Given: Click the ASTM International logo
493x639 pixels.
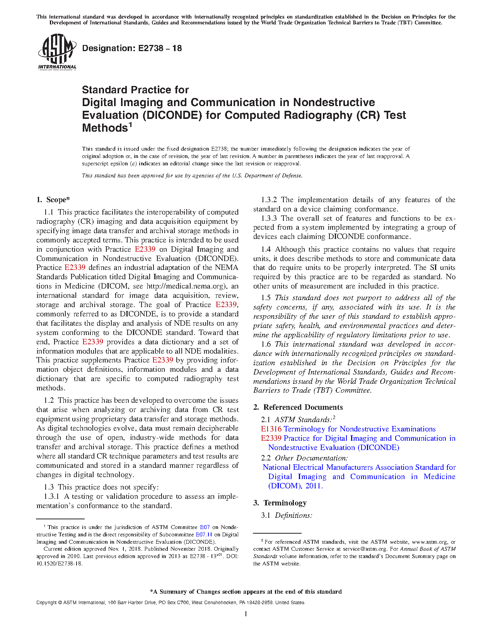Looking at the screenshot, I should click(x=57, y=52).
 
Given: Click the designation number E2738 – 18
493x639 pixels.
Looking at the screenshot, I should click(x=132, y=48).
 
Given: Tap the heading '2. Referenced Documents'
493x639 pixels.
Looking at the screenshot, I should click(x=298, y=407).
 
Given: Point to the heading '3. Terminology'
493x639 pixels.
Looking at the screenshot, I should click(x=280, y=503).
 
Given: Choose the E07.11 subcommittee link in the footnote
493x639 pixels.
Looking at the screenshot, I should click(x=204, y=535).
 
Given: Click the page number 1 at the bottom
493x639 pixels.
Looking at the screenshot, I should click(x=246, y=614).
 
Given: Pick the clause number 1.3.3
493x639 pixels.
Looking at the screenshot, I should click(x=270, y=218).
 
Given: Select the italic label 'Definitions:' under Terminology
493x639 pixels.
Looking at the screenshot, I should click(x=293, y=515).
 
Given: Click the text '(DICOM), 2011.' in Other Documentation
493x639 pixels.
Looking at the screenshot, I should click(x=295, y=486).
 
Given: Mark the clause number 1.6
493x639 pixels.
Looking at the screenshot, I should click(x=266, y=344).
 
